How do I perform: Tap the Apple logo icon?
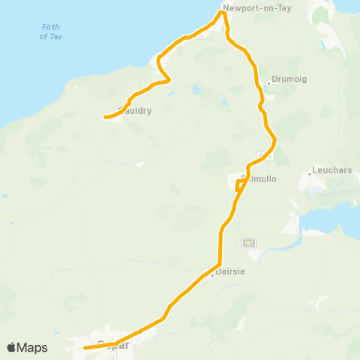point(12,347)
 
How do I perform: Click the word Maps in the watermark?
point(34,347)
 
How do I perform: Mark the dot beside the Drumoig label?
point(268,83)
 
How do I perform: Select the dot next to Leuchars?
point(309,174)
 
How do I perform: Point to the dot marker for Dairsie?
point(213,273)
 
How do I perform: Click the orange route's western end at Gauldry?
point(103,117)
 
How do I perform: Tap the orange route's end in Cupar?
point(85,348)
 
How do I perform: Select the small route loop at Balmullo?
point(239,184)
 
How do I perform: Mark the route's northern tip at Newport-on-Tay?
point(223,12)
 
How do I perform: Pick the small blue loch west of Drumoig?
point(197,89)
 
